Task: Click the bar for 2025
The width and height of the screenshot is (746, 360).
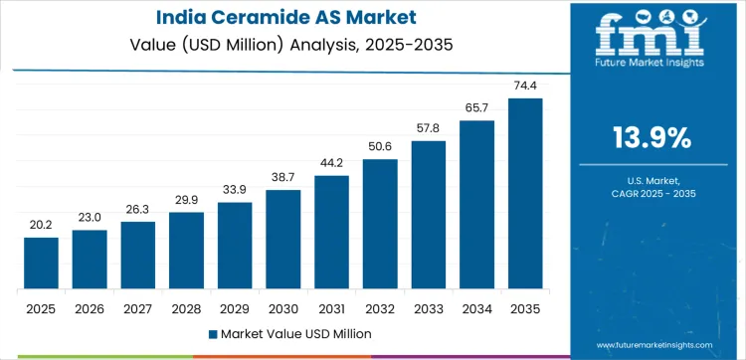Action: click(x=41, y=264)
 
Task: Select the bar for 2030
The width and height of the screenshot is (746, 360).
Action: click(x=283, y=240)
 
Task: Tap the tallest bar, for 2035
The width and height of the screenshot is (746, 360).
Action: click(x=526, y=194)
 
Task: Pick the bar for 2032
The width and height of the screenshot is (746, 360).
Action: click(x=380, y=225)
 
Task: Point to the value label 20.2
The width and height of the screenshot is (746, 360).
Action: click(x=41, y=225)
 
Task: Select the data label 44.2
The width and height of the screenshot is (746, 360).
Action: click(x=331, y=163)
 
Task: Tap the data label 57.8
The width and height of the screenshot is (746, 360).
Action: click(x=429, y=128)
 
